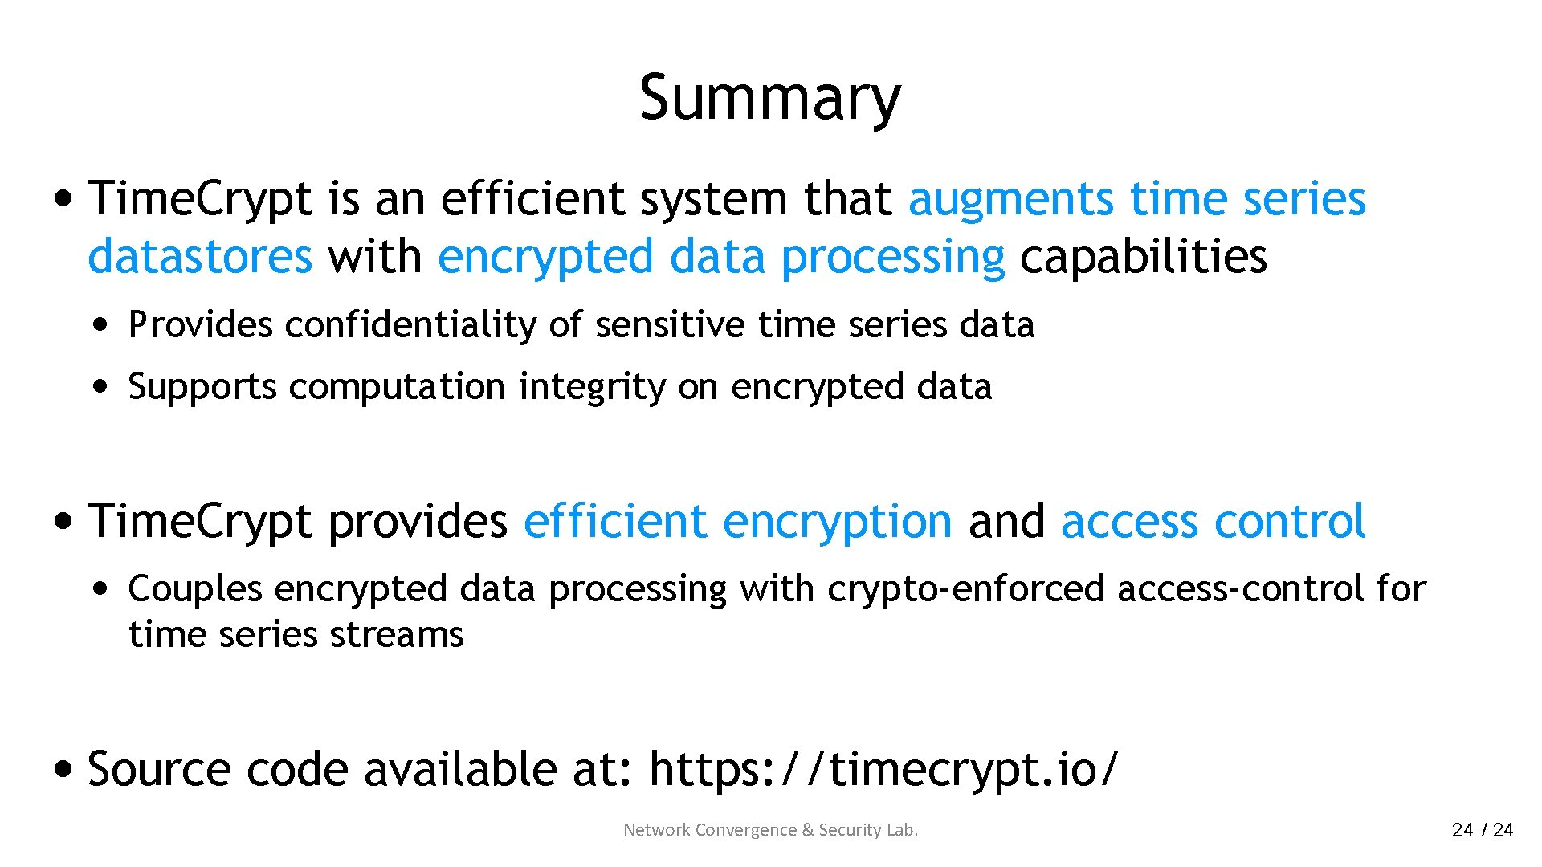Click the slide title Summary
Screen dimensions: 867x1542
[x=769, y=98]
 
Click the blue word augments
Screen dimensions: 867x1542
[x=1010, y=199]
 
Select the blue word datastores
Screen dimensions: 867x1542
[x=200, y=257]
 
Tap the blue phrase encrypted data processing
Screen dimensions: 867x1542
[x=720, y=257]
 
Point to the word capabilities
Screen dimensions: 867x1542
[x=1143, y=257]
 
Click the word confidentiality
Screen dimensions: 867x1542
[x=410, y=325]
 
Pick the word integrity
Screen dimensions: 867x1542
[x=592, y=387]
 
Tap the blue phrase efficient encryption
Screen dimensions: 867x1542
[x=737, y=521]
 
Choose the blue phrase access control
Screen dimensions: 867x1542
[x=1213, y=521]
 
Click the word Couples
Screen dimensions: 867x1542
[x=195, y=589]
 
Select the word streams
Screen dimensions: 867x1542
[x=397, y=635]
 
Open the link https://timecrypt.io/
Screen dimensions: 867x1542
[x=883, y=769]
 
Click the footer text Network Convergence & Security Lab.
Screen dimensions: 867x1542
[x=770, y=830]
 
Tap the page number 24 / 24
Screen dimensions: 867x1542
[x=1482, y=830]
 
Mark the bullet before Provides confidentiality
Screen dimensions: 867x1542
[x=100, y=325]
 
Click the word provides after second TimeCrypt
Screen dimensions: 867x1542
[x=418, y=521]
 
